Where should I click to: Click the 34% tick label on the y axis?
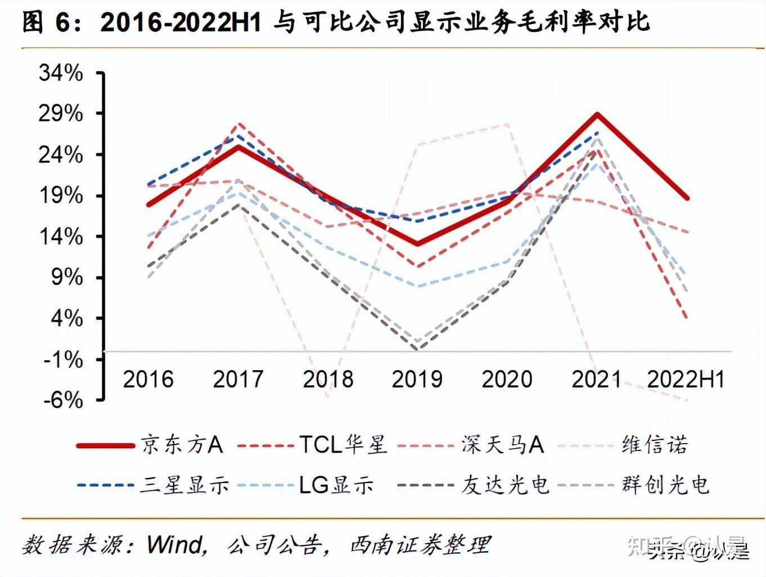(x=61, y=73)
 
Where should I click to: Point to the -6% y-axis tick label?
(x=63, y=400)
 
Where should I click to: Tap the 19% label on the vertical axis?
(x=61, y=196)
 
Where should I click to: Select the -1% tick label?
(x=63, y=359)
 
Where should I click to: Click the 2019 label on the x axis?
(x=417, y=380)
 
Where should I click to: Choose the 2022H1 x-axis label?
(x=686, y=380)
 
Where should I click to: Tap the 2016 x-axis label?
(x=148, y=380)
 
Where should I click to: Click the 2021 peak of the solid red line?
(x=597, y=115)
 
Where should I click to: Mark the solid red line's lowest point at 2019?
(x=417, y=244)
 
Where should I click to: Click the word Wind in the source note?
(x=175, y=544)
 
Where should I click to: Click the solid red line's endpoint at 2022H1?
(x=687, y=198)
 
